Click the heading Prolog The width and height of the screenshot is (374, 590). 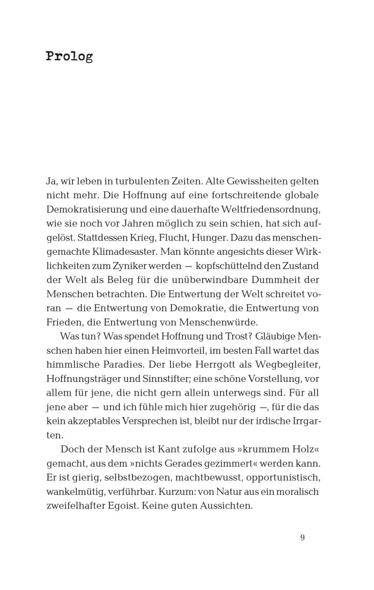(69, 57)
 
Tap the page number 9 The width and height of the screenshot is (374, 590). (302, 538)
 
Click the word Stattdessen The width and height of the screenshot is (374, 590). (93, 238)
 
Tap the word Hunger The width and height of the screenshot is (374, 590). (192, 238)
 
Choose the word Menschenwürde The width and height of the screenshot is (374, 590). (225, 323)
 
